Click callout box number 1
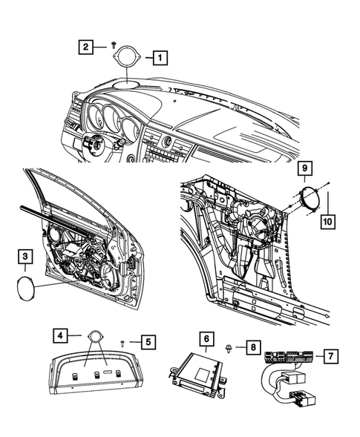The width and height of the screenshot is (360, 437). point(160,56)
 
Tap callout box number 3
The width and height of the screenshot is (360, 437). point(25,257)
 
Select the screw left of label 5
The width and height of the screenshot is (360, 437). point(121,341)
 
